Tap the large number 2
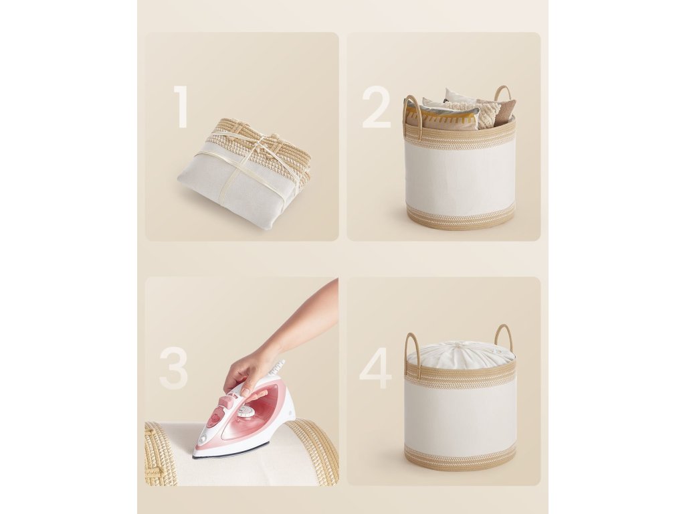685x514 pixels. click(376, 107)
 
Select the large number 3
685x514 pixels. click(174, 368)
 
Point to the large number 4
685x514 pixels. click(376, 368)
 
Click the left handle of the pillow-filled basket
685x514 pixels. click(412, 112)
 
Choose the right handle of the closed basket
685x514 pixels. click(503, 336)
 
